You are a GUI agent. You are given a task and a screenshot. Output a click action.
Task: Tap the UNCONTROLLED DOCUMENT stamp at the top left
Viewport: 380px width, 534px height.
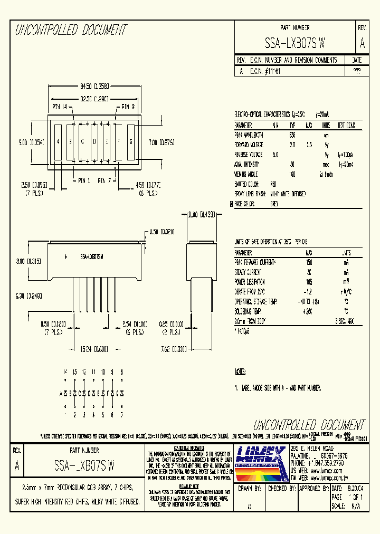pyautogui.click(x=71, y=30)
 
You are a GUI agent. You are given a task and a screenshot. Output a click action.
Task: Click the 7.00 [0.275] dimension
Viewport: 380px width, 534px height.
pyautogui.click(x=161, y=142)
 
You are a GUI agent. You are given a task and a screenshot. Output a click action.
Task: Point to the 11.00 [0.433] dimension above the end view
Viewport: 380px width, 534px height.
pyautogui.click(x=201, y=214)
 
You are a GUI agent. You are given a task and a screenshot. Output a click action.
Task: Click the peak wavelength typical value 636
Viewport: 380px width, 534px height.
pyautogui.click(x=292, y=135)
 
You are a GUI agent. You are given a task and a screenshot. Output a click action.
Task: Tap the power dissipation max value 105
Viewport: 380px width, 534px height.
pyautogui.click(x=309, y=282)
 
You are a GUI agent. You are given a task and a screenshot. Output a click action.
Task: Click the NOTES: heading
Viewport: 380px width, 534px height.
pyautogui.click(x=240, y=371)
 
